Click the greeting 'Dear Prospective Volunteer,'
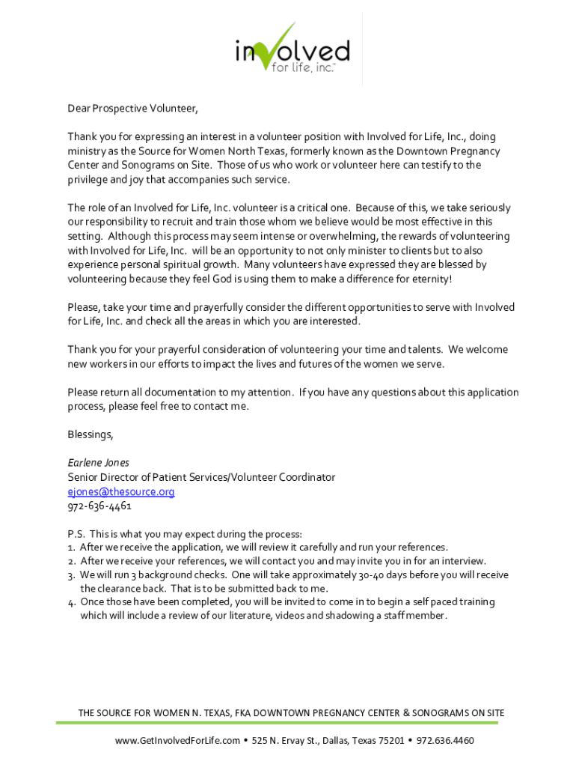(x=133, y=109)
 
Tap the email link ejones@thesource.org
(x=121, y=491)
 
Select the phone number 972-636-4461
(x=99, y=506)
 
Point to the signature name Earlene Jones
(x=98, y=463)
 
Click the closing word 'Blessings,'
(x=91, y=434)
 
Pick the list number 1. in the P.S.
(x=71, y=548)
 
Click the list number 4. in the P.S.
(x=71, y=602)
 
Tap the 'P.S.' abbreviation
(x=76, y=534)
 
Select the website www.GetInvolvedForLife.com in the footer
(x=177, y=741)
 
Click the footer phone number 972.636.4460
(x=445, y=741)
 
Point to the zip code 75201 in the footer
(x=389, y=741)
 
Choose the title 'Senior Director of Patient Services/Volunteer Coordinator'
(x=201, y=477)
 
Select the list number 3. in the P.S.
(x=71, y=575)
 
